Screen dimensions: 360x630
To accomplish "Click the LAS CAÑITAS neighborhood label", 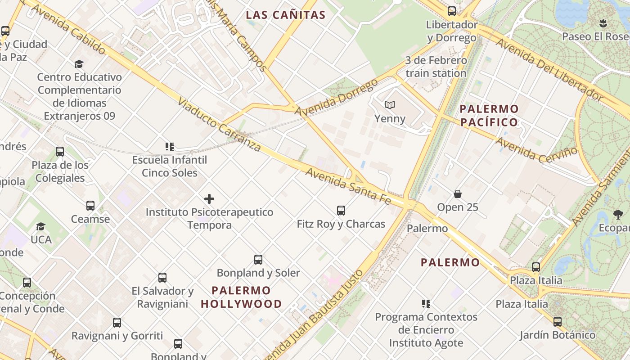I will (x=285, y=15).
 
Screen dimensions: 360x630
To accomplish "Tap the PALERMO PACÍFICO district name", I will (x=489, y=115).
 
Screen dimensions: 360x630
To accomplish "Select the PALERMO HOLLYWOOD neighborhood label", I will (x=241, y=297).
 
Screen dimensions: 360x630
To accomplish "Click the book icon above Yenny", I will (x=390, y=105).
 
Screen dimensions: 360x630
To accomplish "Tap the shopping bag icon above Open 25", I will (x=458, y=194).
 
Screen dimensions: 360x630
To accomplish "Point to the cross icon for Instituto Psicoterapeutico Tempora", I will (x=209, y=198).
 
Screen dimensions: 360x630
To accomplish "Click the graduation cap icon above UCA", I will (x=41, y=226).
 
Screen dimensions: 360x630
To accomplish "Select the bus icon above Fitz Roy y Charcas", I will (x=341, y=210).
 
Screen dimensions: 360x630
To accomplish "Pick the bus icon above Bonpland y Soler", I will (x=258, y=259).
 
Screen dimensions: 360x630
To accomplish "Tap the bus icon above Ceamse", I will (x=90, y=206).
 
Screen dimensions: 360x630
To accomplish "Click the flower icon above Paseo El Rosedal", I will (x=603, y=23).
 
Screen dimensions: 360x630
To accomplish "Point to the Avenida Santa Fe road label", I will (x=348, y=185).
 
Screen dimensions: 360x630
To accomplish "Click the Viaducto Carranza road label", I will (x=219, y=124).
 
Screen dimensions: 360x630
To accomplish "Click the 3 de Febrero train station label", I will (x=436, y=67).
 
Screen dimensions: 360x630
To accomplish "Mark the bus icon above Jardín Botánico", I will (x=558, y=322).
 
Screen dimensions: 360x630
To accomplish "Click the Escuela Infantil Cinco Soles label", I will (x=170, y=166).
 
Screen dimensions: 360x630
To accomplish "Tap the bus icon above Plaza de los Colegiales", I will (x=60, y=152).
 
